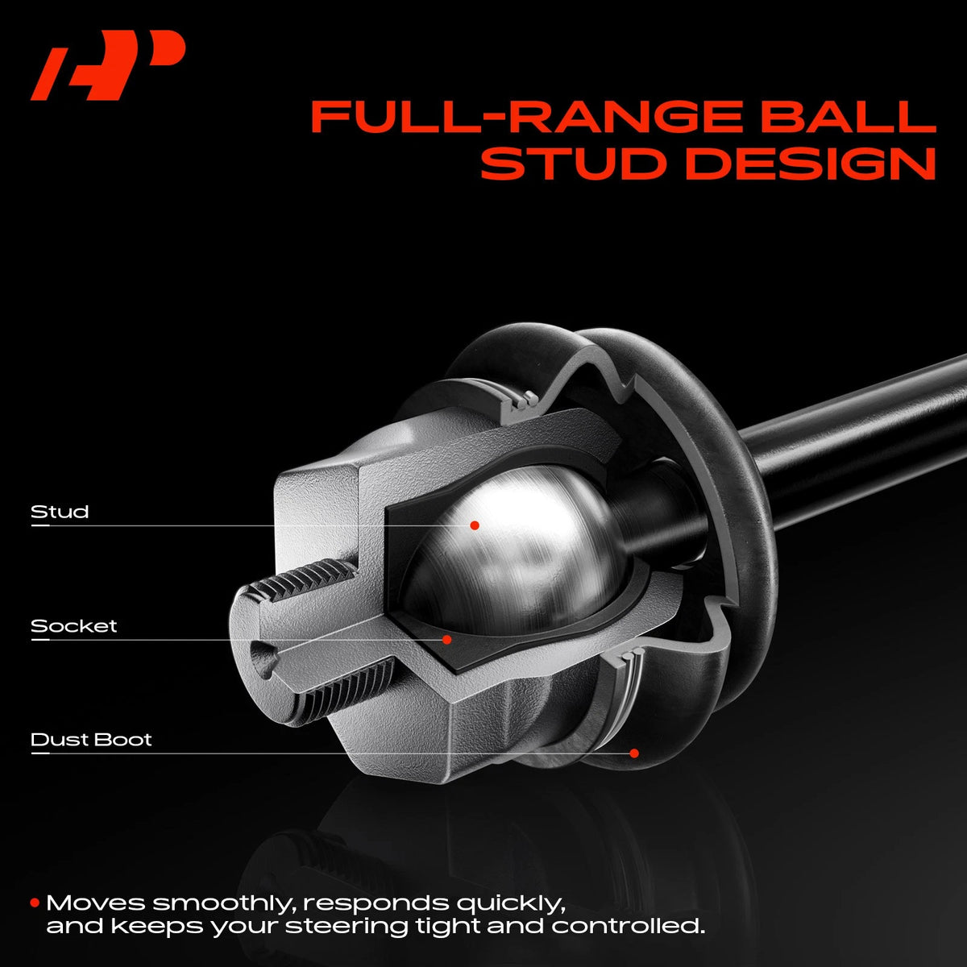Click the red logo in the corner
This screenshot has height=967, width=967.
pyautogui.click(x=108, y=64)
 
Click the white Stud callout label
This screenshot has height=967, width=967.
pyautogui.click(x=60, y=512)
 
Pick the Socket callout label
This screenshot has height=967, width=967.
pyautogui.click(x=74, y=626)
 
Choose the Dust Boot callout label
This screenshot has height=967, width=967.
pyautogui.click(x=91, y=739)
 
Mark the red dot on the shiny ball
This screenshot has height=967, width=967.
pyautogui.click(x=474, y=525)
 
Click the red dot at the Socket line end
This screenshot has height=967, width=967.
pyautogui.click(x=446, y=639)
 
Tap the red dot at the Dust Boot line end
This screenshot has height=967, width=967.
pyautogui.click(x=634, y=753)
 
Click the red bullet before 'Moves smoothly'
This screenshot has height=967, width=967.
pyautogui.click(x=35, y=903)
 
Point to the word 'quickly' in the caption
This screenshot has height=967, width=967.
pyautogui.click(x=511, y=904)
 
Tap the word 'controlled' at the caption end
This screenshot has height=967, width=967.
pyautogui.click(x=628, y=927)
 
